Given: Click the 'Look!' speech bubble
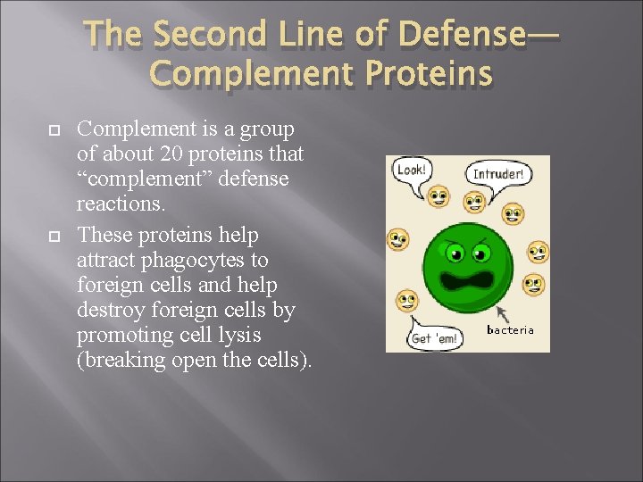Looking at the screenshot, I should tap(411, 170).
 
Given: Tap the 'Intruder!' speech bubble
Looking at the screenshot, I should tap(497, 175).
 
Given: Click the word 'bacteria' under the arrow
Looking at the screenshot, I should tap(510, 329).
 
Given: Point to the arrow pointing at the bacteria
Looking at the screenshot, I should tap(494, 312).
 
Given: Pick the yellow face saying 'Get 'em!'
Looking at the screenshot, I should tap(407, 301).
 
